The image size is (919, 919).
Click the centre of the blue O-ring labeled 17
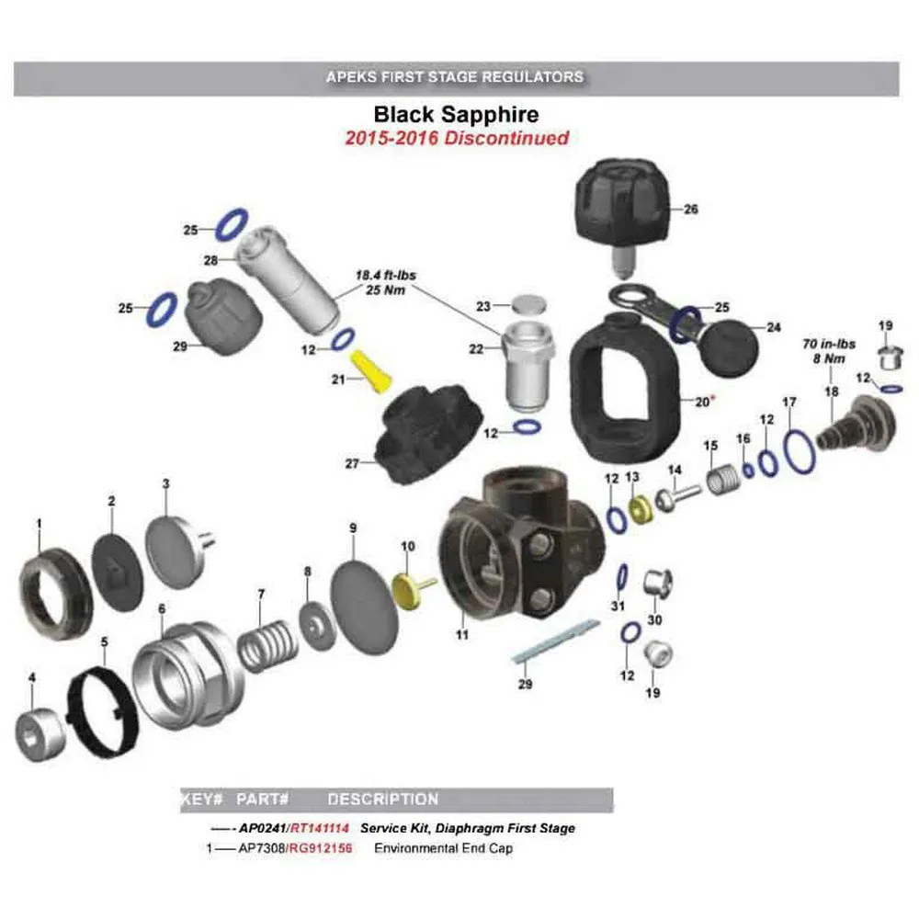[x=800, y=450]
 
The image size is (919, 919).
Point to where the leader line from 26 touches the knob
[x=669, y=209]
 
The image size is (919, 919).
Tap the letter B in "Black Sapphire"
[x=381, y=114]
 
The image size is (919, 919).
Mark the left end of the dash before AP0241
[x=211, y=829]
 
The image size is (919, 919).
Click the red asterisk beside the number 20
[x=713, y=399]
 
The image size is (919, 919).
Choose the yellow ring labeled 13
[x=639, y=509]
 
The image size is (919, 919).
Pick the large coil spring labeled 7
[x=267, y=645]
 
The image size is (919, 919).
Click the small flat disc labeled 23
[x=528, y=305]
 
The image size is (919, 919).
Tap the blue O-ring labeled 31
[x=621, y=577]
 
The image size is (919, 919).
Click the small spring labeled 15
[x=722, y=479]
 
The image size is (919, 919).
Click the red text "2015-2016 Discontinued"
[x=457, y=139]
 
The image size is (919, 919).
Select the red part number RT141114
[x=320, y=828]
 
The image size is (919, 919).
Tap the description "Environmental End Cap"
[x=443, y=848]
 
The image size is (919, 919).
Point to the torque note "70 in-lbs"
[x=829, y=344]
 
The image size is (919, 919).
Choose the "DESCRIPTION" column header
[x=382, y=800]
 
